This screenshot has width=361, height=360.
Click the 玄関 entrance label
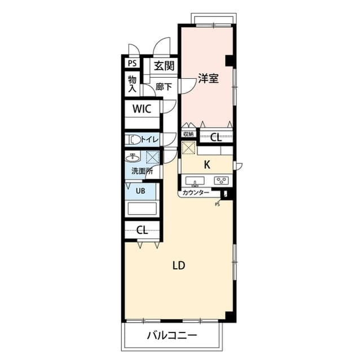tap(164, 66)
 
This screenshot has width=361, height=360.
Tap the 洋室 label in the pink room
tap(208, 78)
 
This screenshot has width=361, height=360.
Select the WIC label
tap(142, 109)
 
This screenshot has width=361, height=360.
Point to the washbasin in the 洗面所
tap(133, 158)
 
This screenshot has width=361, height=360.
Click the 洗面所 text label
tap(142, 171)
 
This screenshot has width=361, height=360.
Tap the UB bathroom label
tap(140, 191)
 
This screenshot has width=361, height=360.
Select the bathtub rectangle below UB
tap(142, 208)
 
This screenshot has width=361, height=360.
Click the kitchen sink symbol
tap(195, 181)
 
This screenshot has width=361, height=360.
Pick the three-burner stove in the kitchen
tap(221, 180)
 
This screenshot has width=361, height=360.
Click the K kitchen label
tap(207, 165)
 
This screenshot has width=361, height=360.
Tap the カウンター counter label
tap(196, 193)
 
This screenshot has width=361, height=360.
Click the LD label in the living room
tap(179, 266)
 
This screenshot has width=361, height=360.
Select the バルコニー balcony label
tap(172, 336)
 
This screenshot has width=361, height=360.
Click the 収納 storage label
tap(188, 134)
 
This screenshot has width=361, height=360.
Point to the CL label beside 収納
tap(216, 137)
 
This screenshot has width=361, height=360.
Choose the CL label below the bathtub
tap(142, 230)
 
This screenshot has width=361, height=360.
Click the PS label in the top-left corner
tap(132, 63)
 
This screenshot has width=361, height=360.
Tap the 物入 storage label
tap(133, 84)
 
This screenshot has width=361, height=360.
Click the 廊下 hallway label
tap(164, 87)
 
